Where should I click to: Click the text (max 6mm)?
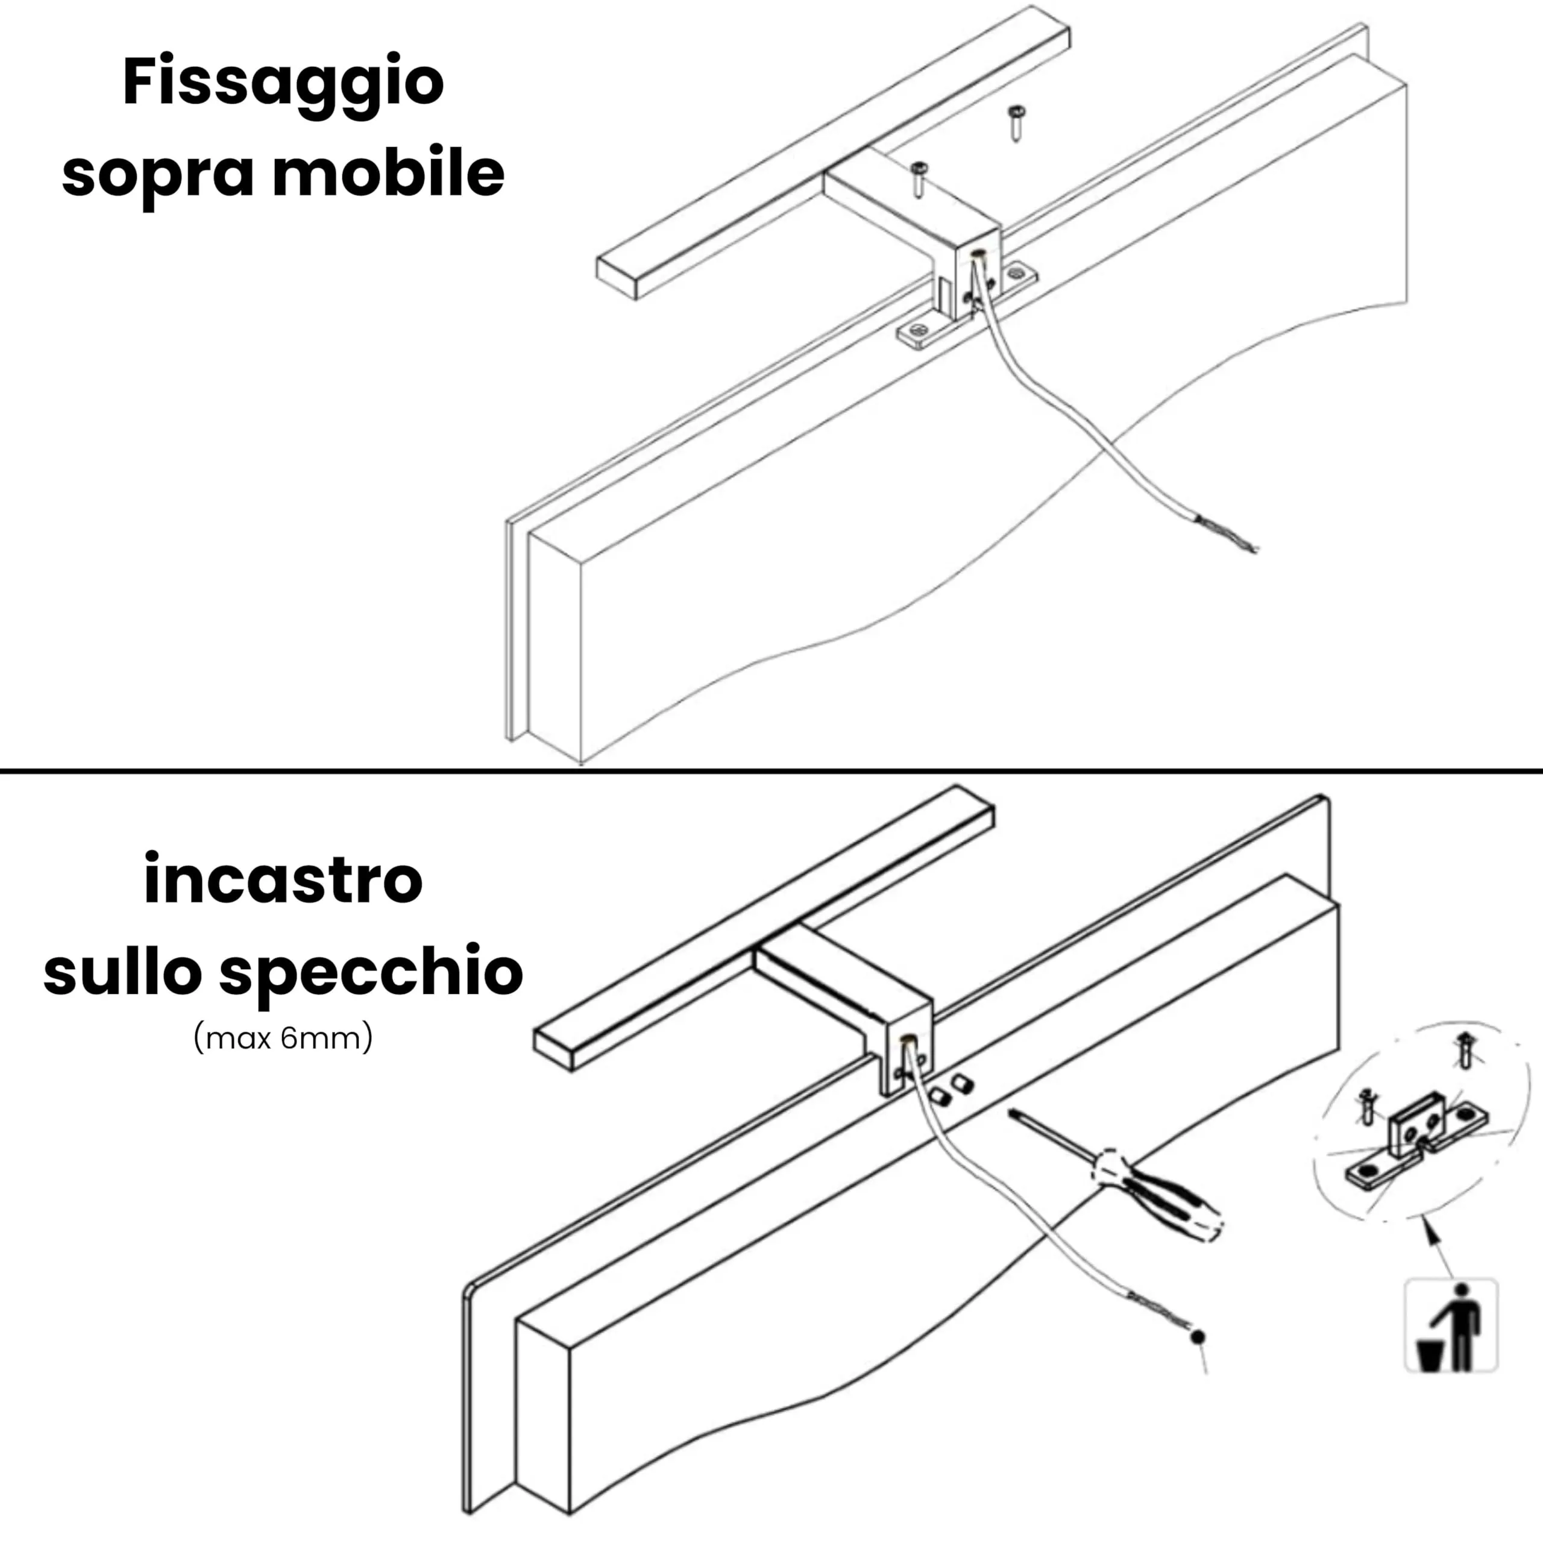coord(283,1039)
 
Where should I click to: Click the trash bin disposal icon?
coord(1450,1327)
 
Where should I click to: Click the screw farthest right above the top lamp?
coord(1015,122)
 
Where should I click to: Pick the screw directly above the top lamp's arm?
coord(919,178)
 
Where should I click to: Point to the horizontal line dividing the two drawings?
coord(771,771)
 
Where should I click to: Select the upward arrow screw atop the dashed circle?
coord(1465,1048)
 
